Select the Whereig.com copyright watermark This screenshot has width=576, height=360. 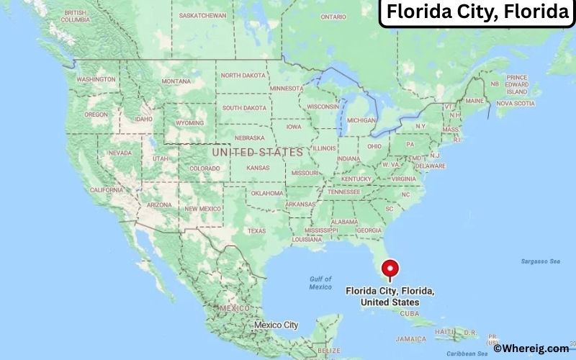point(531,348)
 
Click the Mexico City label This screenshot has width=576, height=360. point(276,325)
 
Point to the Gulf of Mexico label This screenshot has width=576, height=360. point(320,283)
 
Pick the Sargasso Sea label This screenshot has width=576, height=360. point(539,261)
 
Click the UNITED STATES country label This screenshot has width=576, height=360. point(257,153)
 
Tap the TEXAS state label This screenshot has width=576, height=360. point(257,230)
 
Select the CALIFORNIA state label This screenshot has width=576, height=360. point(107,190)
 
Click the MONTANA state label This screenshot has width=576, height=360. point(176,81)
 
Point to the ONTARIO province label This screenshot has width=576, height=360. point(333,17)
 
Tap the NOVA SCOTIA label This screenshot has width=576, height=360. point(516,103)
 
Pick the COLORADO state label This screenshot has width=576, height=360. point(204,168)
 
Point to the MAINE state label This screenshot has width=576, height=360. point(474,101)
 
